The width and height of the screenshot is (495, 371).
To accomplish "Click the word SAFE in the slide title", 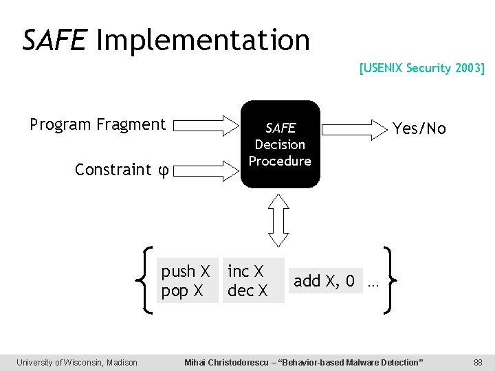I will tap(54, 40).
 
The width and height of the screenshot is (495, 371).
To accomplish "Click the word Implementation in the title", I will tap(203, 41).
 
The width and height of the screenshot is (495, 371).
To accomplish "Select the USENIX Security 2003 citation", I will tap(421, 68).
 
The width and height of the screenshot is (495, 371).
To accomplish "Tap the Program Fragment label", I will tap(98, 124).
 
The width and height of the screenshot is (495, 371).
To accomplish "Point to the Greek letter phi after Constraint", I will tap(164, 170).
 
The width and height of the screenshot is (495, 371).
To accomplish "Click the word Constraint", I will tap(113, 169).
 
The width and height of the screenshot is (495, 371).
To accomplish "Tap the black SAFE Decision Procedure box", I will tap(280, 144).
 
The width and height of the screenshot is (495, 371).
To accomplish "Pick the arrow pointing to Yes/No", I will tap(355, 128).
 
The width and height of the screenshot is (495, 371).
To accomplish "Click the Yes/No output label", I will tap(419, 128).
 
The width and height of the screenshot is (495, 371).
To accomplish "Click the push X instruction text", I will tap(185, 271).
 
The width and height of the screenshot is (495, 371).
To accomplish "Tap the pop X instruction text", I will tap(181, 291).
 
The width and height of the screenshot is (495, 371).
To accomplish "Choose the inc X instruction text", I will tap(245, 271).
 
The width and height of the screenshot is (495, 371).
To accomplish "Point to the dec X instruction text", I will tap(247, 291).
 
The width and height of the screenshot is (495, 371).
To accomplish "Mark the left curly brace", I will tap(146, 281).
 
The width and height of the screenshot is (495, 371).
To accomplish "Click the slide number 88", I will tap(478, 362).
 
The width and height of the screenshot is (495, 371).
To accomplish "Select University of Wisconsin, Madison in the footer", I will tap(77, 362).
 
